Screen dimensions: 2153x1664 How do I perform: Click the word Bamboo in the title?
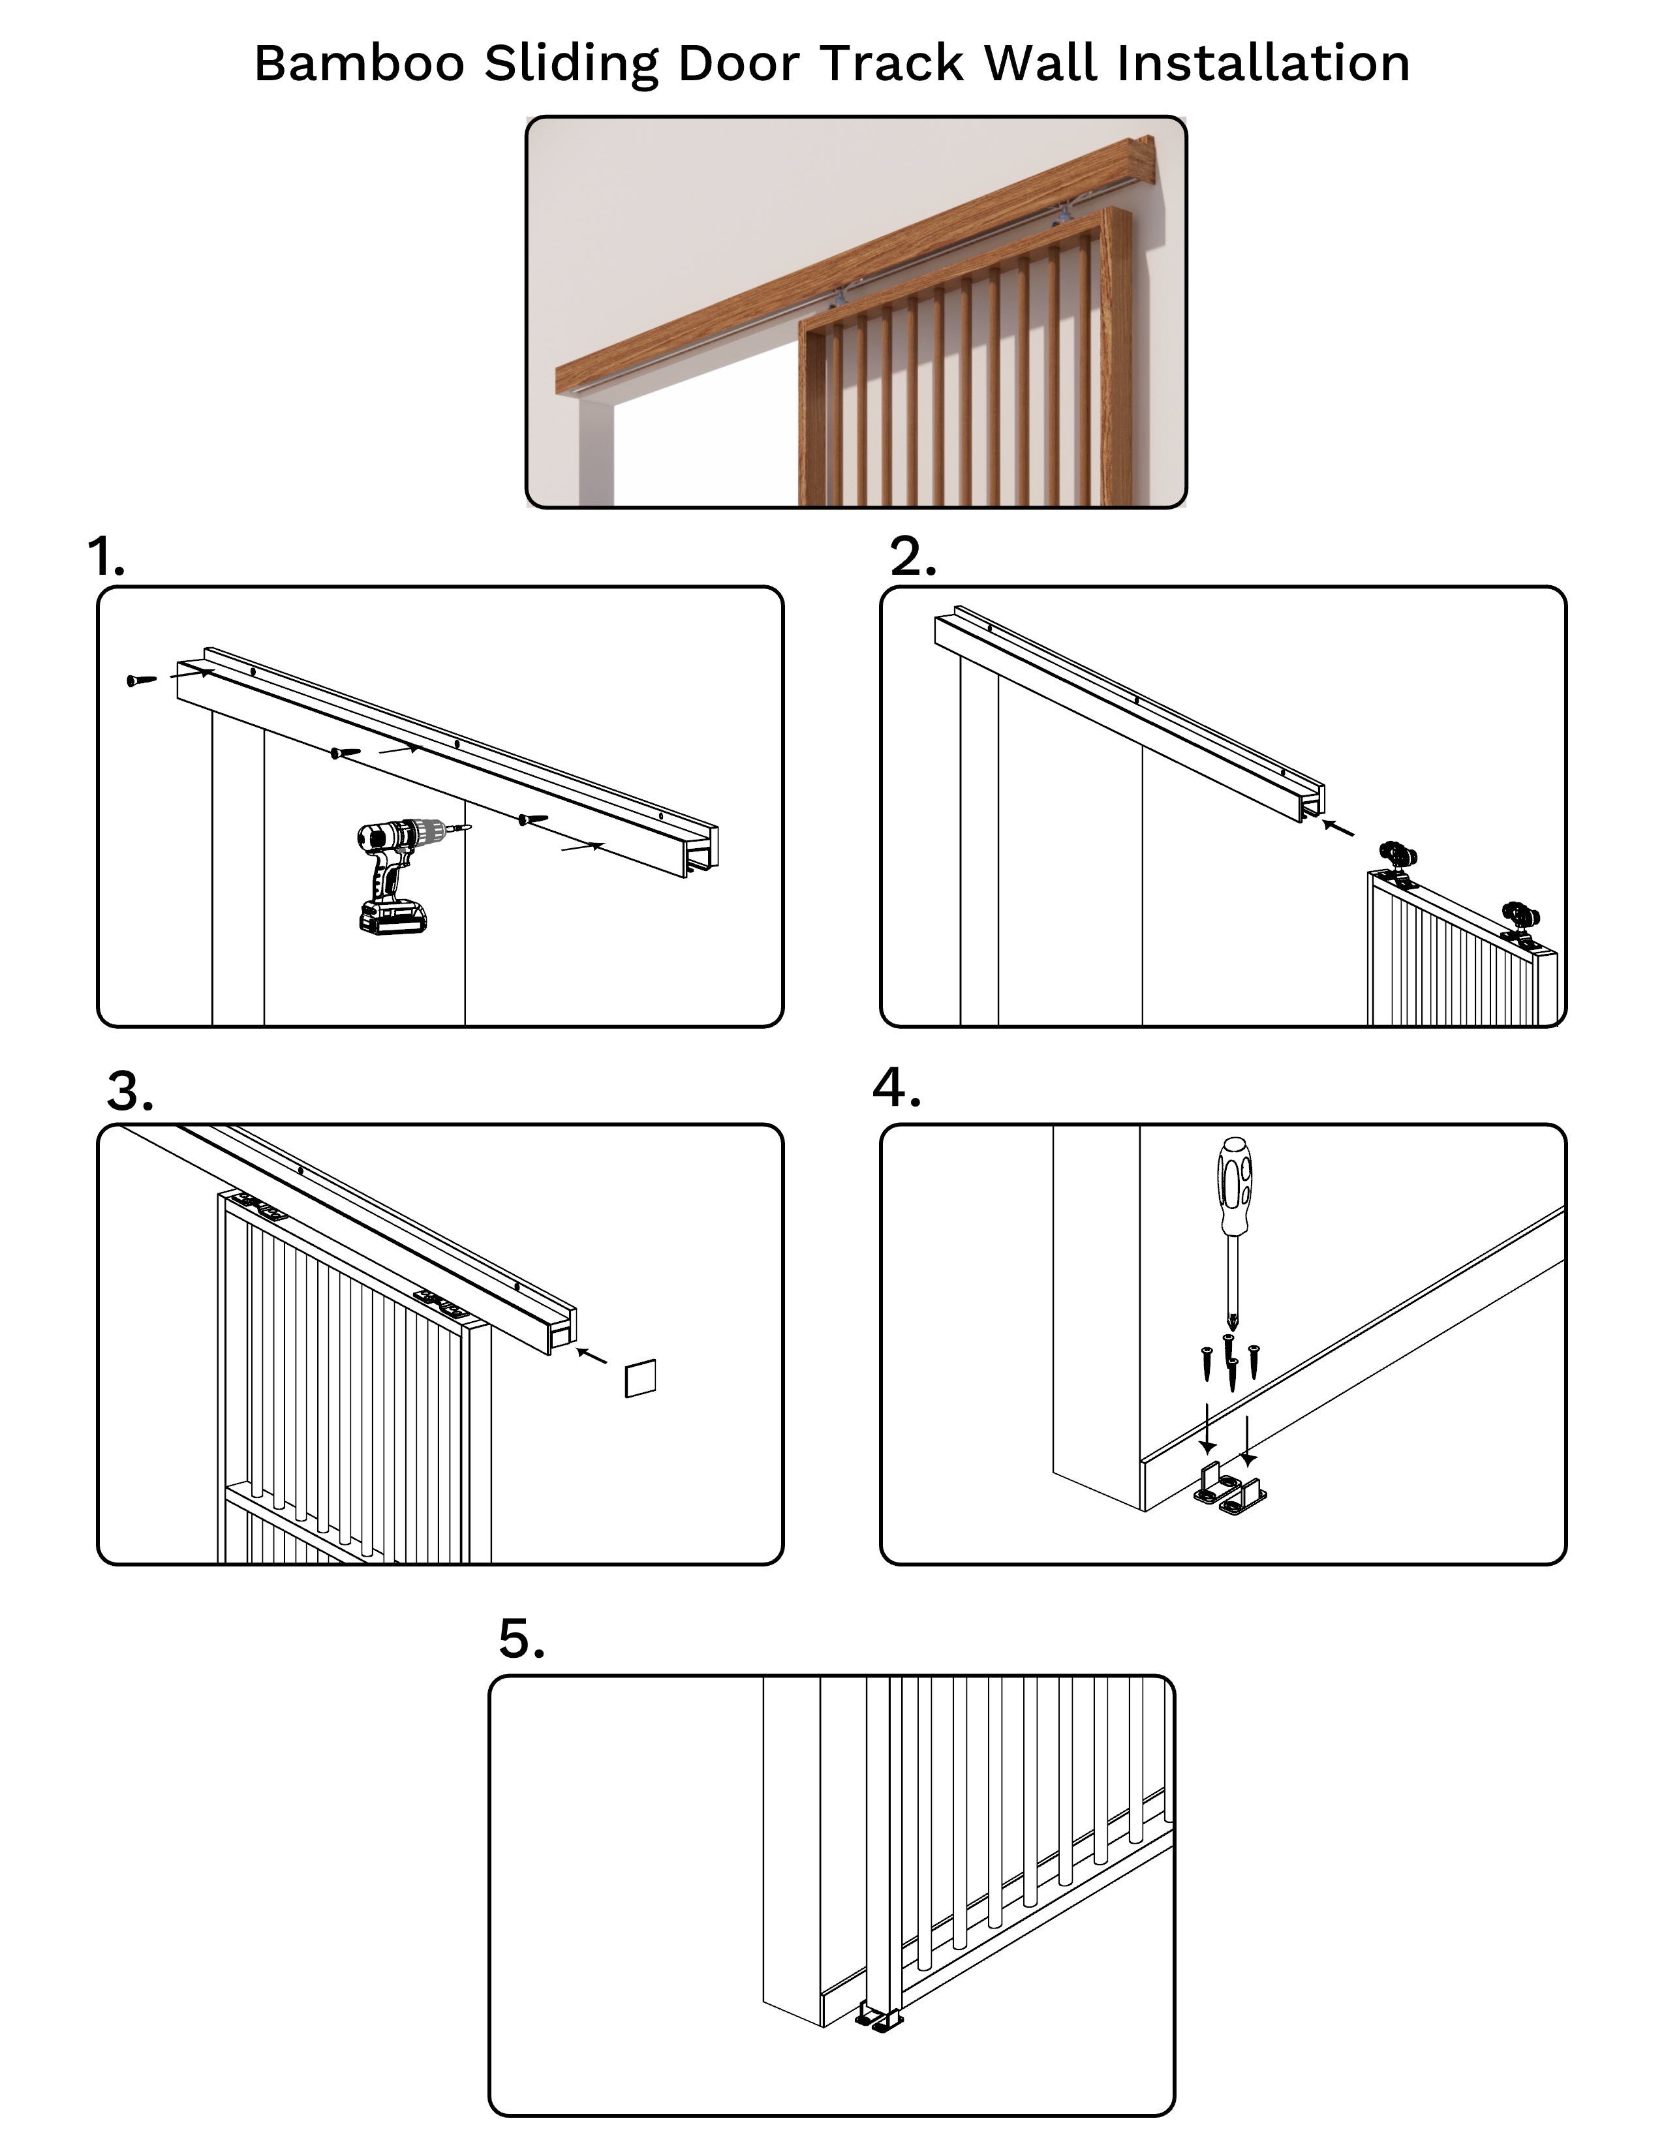click(x=359, y=63)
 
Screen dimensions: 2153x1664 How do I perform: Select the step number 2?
click(x=912, y=557)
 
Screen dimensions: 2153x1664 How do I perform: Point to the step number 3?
click(x=129, y=1092)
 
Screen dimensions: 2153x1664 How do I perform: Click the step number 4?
click(x=896, y=1088)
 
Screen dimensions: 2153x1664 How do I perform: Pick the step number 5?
click(x=521, y=1638)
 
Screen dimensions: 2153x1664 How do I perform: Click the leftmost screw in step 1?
click(x=141, y=680)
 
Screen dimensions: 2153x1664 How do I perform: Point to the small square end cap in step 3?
click(x=639, y=1378)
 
